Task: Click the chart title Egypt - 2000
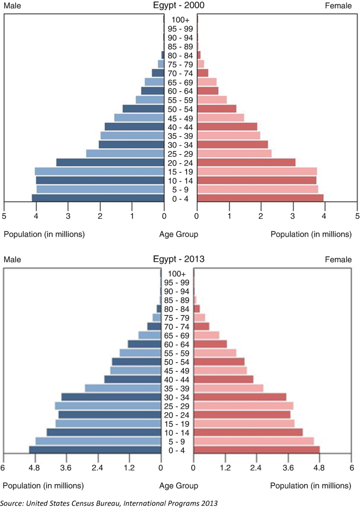pos(179,6)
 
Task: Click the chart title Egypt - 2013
pos(179,259)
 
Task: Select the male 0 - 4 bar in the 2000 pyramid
pos(98,198)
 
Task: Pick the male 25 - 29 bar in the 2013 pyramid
pos(108,406)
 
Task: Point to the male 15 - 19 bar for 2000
pos(100,171)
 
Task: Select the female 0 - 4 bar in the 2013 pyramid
pos(256,450)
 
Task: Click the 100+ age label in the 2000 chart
pos(180,20)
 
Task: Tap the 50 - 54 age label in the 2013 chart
pos(177,362)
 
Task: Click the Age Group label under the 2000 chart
pos(179,234)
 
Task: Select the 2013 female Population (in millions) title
pos(311,486)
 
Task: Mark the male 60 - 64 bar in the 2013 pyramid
pos(144,344)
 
